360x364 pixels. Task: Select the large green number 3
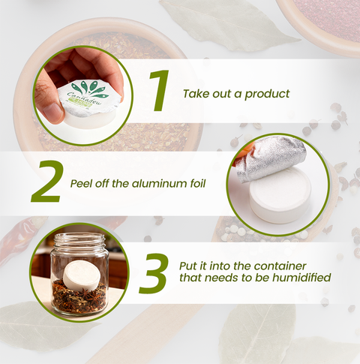153,273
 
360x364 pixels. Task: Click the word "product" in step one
267,95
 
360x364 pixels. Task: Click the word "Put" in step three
187,266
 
